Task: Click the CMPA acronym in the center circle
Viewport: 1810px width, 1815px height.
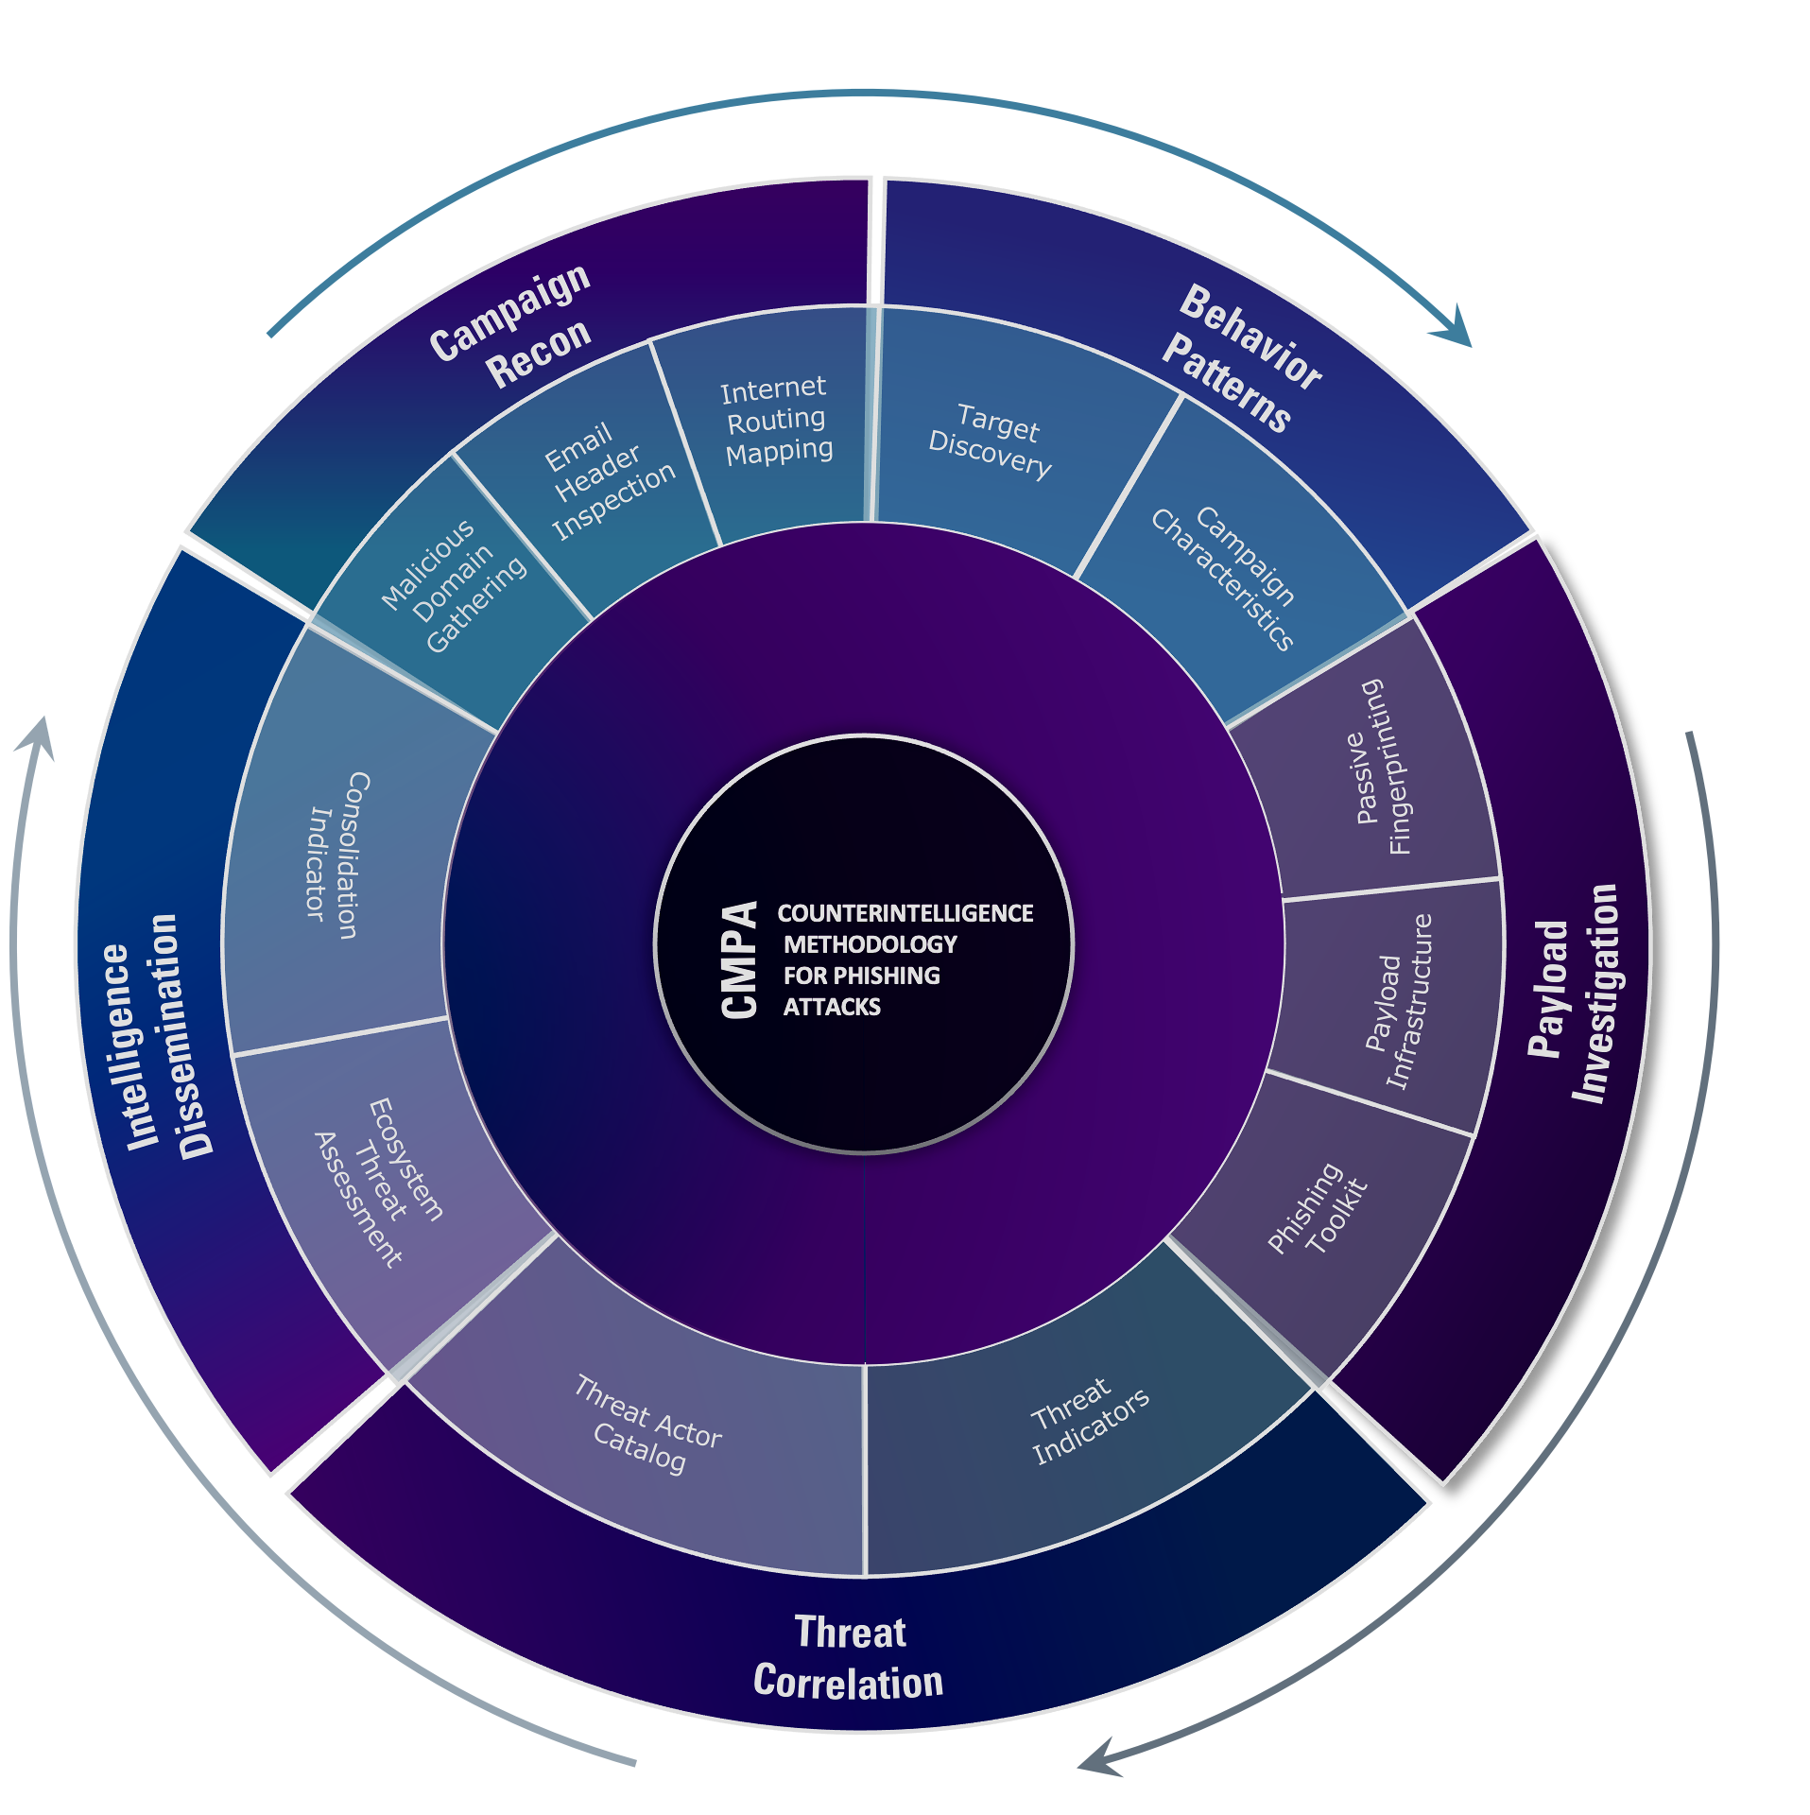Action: [x=739, y=959]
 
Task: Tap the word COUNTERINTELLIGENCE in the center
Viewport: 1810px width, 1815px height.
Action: [x=905, y=913]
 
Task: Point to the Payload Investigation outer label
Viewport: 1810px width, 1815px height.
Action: [x=1574, y=993]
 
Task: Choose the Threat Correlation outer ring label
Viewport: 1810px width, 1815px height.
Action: [x=849, y=1657]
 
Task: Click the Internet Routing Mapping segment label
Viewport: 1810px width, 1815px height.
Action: [x=776, y=420]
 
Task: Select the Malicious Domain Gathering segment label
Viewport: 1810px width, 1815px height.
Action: [x=454, y=585]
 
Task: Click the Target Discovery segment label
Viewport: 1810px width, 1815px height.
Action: [x=991, y=440]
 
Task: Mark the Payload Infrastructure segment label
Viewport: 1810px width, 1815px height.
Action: [x=1399, y=1002]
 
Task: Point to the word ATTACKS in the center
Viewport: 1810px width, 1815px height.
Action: [x=832, y=1007]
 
